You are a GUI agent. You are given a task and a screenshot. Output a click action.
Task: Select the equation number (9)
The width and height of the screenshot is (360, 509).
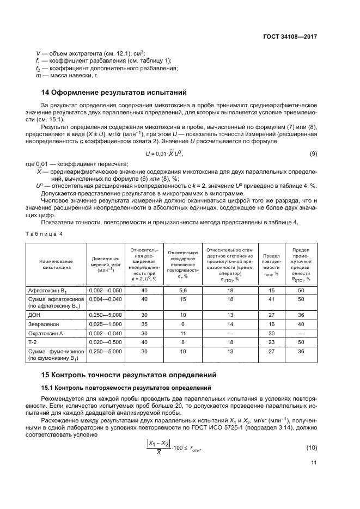[x=313, y=154]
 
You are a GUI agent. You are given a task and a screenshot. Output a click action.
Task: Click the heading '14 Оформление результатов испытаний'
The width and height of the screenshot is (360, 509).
[x=114, y=93]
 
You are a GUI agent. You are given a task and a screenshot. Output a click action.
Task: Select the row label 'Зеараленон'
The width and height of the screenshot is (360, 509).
[x=47, y=324]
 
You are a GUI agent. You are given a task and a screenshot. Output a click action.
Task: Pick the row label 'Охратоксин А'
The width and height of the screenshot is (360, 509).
[x=50, y=333]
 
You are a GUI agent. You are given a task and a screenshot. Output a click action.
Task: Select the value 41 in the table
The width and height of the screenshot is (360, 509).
[x=271, y=299]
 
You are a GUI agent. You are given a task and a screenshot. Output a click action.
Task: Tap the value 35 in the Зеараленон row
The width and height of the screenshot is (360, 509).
[x=144, y=324]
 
